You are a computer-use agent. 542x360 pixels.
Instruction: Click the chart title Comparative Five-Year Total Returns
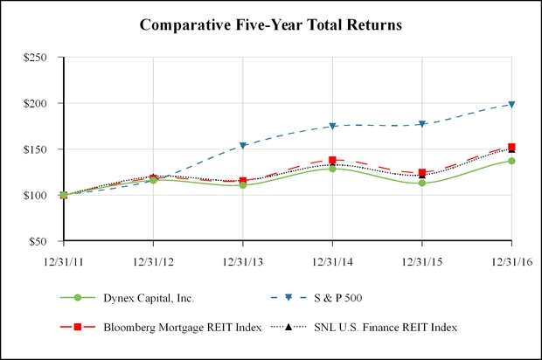pyautogui.click(x=271, y=25)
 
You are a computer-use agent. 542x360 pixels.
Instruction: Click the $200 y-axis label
pyautogui.click(x=45, y=103)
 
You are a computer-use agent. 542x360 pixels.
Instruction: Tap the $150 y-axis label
pyautogui.click(x=45, y=149)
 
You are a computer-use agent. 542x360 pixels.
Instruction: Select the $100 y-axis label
pyautogui.click(x=45, y=195)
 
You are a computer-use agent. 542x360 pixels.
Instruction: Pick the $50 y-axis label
pyautogui.click(x=48, y=241)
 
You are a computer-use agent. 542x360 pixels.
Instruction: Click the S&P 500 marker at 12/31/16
pyautogui.click(x=511, y=105)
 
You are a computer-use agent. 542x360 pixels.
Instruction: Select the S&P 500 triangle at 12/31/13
pyautogui.click(x=243, y=146)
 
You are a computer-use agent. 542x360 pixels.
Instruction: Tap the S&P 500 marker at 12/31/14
pyautogui.click(x=332, y=127)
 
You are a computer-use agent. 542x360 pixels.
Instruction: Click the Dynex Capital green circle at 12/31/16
pyautogui.click(x=511, y=161)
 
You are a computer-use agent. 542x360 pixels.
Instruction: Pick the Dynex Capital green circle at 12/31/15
pyautogui.click(x=422, y=183)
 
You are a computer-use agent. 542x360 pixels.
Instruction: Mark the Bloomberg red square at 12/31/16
pyautogui.click(x=511, y=147)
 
